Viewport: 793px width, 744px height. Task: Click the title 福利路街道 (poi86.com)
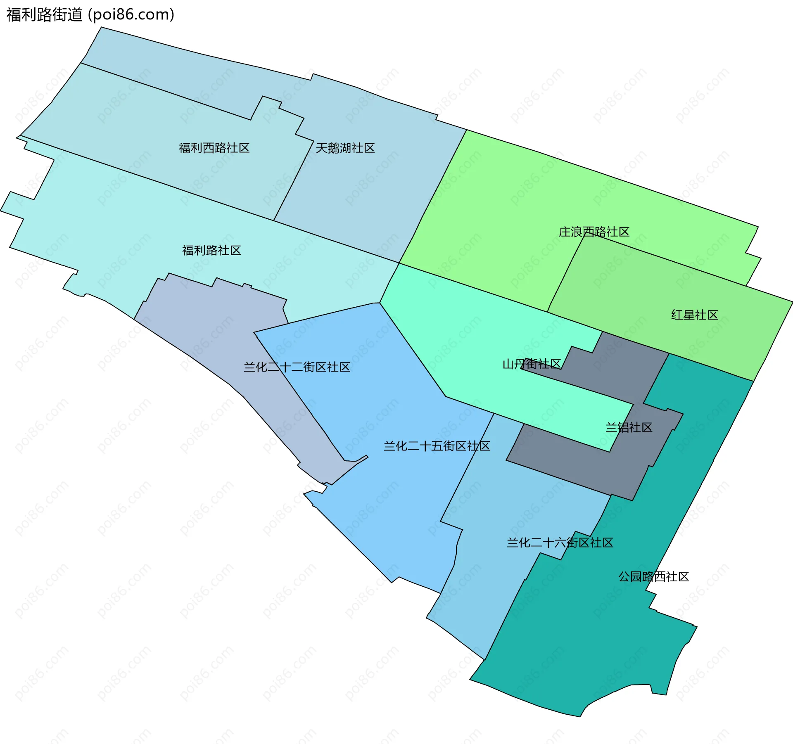pos(90,14)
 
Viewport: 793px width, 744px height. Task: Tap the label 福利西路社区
pos(214,148)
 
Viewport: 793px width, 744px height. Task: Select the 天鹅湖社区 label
pos(345,148)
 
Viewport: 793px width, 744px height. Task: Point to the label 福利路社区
pos(211,250)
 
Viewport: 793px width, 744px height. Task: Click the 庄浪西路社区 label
pos(594,232)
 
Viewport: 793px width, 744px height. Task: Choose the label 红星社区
pos(694,315)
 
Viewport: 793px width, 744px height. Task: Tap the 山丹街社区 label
pos(531,364)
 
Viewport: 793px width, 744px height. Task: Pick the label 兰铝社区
pos(629,427)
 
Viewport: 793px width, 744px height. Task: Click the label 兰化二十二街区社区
pos(297,367)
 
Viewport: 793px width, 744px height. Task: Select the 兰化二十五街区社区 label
pos(437,446)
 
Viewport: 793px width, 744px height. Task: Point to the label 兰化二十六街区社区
pos(560,543)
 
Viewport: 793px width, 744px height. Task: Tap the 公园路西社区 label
pos(653,576)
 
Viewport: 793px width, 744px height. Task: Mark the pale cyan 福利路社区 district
pos(103,231)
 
